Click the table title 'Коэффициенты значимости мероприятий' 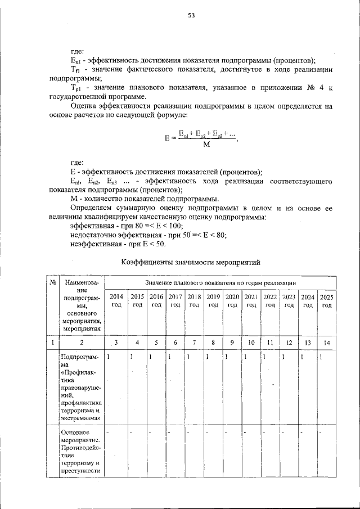191,262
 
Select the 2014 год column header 116,300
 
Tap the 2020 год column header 232,300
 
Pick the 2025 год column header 327,300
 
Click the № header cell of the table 52,282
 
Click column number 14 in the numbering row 327,341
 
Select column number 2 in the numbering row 82,341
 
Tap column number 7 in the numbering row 194,341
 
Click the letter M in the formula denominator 206,145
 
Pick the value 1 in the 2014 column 109,357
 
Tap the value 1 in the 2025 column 320,357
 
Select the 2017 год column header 175,300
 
